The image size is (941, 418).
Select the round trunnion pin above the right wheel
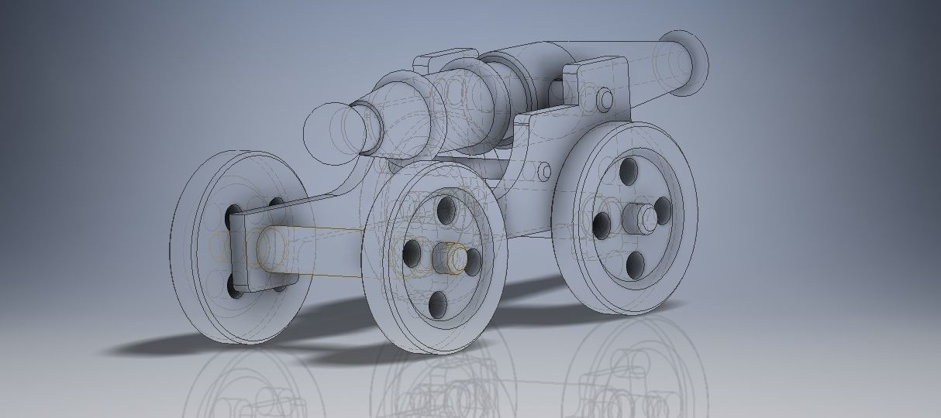(605, 99)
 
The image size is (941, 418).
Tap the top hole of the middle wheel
(446, 210)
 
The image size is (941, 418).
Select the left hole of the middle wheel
(412, 252)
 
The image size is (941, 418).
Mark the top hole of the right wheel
(628, 170)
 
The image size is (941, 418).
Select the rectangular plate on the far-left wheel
(240, 248)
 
